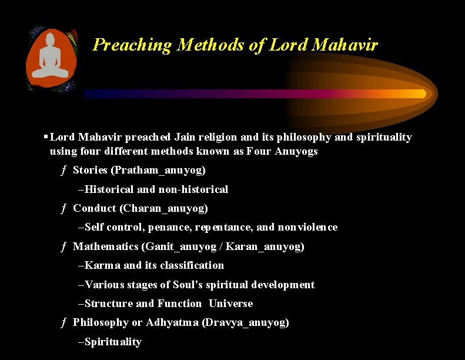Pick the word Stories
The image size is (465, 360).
coord(90,171)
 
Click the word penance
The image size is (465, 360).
coord(169,227)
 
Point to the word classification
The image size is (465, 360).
coord(192,265)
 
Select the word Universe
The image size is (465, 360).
coord(230,304)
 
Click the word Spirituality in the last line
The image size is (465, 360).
coord(113,342)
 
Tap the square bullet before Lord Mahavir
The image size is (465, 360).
coord(45,137)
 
